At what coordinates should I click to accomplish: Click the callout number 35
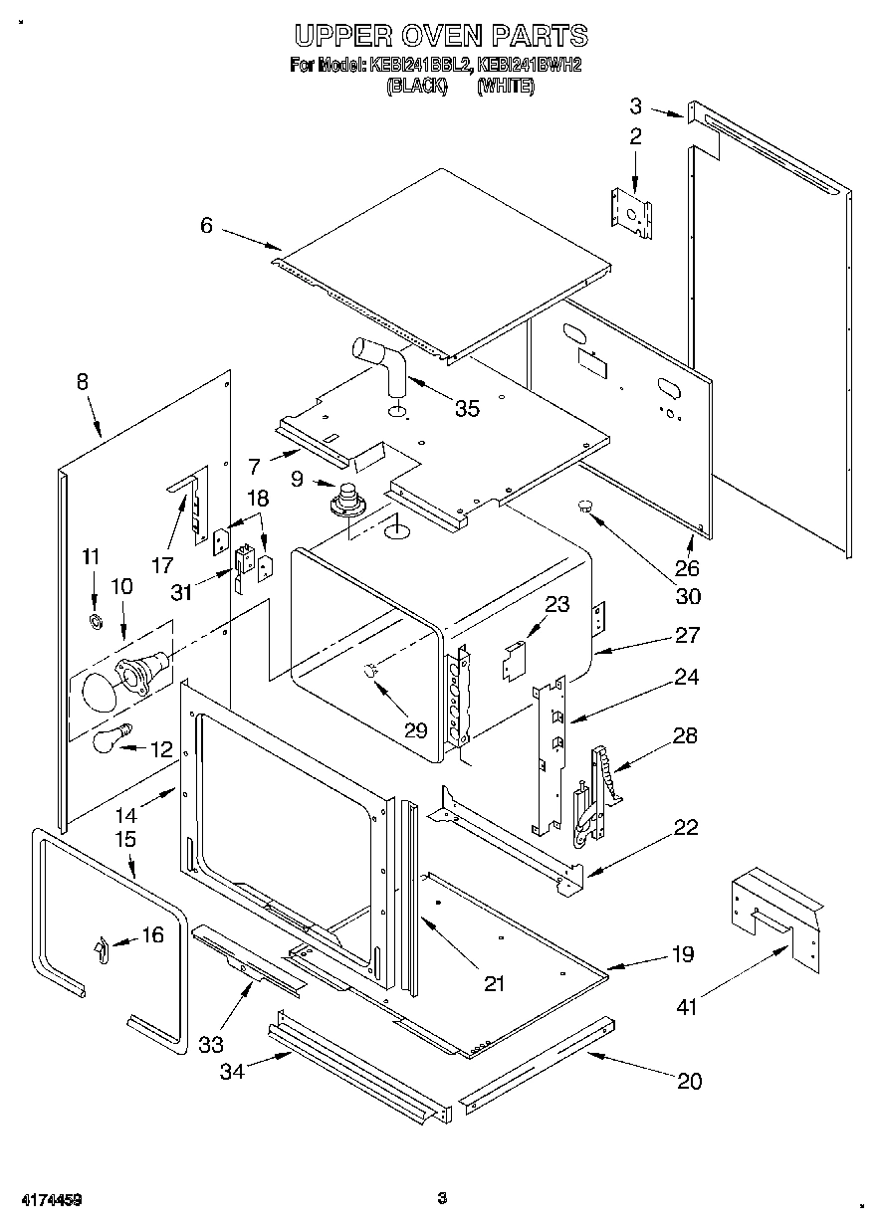click(466, 408)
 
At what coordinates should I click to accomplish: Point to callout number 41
click(687, 1007)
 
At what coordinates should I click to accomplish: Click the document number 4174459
click(49, 1199)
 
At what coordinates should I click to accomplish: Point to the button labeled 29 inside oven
click(369, 672)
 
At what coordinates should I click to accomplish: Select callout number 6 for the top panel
click(205, 226)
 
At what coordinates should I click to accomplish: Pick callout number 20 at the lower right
click(688, 1081)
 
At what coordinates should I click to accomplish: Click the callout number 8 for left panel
click(82, 380)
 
